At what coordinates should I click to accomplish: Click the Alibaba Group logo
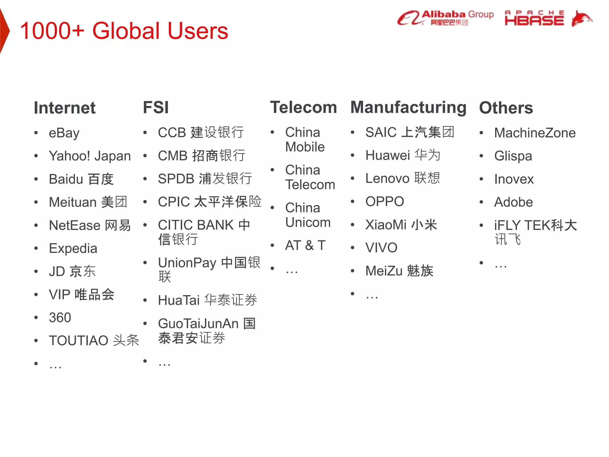click(445, 18)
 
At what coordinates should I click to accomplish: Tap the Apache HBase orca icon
click(581, 18)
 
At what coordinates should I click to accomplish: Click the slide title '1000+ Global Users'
click(124, 31)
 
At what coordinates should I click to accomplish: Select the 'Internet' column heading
click(65, 108)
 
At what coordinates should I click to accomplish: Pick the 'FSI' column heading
click(156, 107)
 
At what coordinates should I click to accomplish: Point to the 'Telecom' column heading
click(303, 107)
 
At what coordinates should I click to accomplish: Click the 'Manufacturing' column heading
click(408, 107)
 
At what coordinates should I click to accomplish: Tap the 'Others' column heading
click(506, 108)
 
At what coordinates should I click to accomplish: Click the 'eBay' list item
click(64, 133)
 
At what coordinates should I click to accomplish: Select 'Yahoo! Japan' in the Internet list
click(90, 156)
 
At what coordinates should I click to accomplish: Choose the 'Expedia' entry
click(73, 248)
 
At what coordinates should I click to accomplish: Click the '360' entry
click(60, 317)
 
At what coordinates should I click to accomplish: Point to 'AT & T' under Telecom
click(305, 245)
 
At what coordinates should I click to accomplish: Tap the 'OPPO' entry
click(384, 202)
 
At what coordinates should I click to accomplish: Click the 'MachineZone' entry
click(535, 133)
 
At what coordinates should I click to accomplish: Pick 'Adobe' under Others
click(513, 202)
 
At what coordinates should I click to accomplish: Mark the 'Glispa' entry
click(513, 156)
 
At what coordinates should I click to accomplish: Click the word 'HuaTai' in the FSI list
click(178, 300)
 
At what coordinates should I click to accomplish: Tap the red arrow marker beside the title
click(4, 31)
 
